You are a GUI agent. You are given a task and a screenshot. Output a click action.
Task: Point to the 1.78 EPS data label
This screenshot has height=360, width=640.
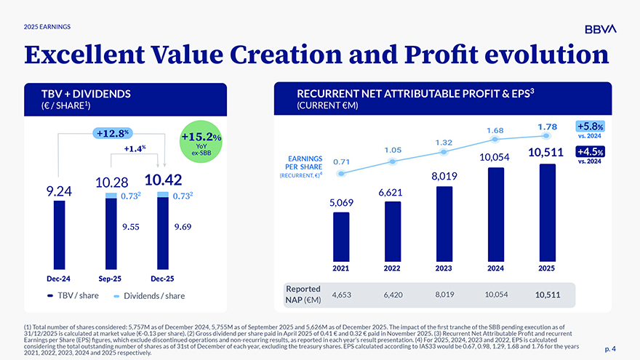pos(548,127)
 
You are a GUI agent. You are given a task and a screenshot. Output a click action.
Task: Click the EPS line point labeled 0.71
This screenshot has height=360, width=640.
pos(341,173)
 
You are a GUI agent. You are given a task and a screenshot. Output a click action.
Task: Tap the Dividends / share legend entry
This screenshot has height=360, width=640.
pos(149,296)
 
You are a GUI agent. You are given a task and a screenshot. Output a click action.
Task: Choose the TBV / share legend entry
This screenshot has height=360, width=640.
pos(73,296)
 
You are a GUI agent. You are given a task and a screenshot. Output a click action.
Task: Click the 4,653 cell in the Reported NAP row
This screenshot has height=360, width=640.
pos(341,295)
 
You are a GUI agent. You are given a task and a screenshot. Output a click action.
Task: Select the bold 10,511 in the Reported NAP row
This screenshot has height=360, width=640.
pos(548,295)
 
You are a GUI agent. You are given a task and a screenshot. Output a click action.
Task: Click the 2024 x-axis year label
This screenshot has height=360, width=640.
pos(495,268)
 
